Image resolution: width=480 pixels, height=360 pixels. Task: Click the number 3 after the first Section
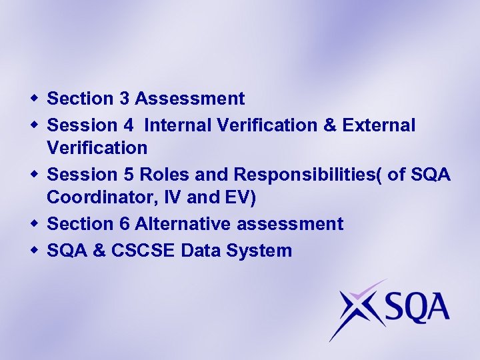[125, 99]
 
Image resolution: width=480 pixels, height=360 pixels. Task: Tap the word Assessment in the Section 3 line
[190, 99]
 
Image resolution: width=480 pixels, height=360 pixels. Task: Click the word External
[379, 125]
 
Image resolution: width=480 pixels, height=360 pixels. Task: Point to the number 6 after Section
[125, 224]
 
